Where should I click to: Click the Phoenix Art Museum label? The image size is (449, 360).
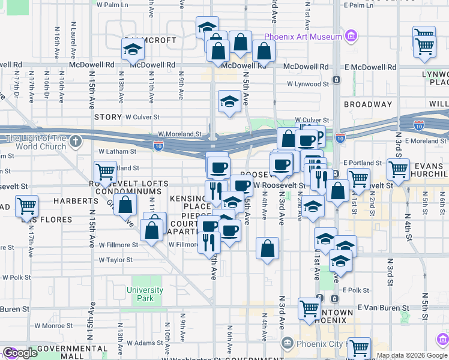303,37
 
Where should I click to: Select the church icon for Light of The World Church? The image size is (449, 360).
74,142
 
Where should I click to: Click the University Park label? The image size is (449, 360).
145,294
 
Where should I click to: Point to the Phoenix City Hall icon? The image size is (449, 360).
288,344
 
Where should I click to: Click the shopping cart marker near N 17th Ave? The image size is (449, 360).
26,206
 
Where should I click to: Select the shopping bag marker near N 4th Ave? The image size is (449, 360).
267,248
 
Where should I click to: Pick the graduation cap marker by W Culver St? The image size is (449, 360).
229,103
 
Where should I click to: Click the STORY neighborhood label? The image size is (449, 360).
107,117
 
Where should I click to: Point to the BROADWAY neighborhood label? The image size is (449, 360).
368,104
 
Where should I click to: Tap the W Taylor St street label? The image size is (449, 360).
115,260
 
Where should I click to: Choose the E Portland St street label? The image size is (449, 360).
363,163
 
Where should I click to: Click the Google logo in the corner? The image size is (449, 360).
19,353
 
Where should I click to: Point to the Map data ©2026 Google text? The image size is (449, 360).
411,355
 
